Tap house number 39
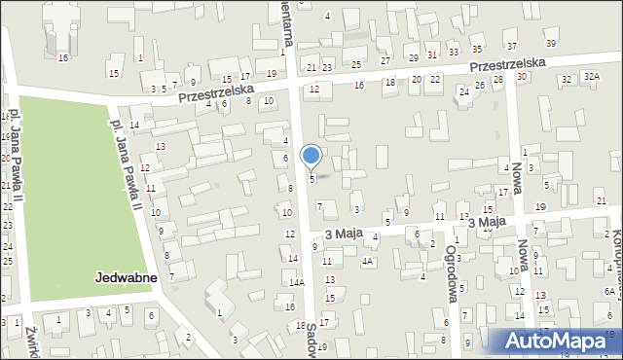[x=551, y=44]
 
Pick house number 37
[x=512, y=47]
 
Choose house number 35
[x=476, y=49]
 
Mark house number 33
[x=454, y=52]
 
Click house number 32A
[x=593, y=77]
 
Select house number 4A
[x=367, y=262]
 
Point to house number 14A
[x=296, y=282]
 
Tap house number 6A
[x=609, y=291]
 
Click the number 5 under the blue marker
[x=311, y=179]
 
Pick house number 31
[x=432, y=54]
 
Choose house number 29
[x=413, y=58]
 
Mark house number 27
[x=385, y=60]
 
